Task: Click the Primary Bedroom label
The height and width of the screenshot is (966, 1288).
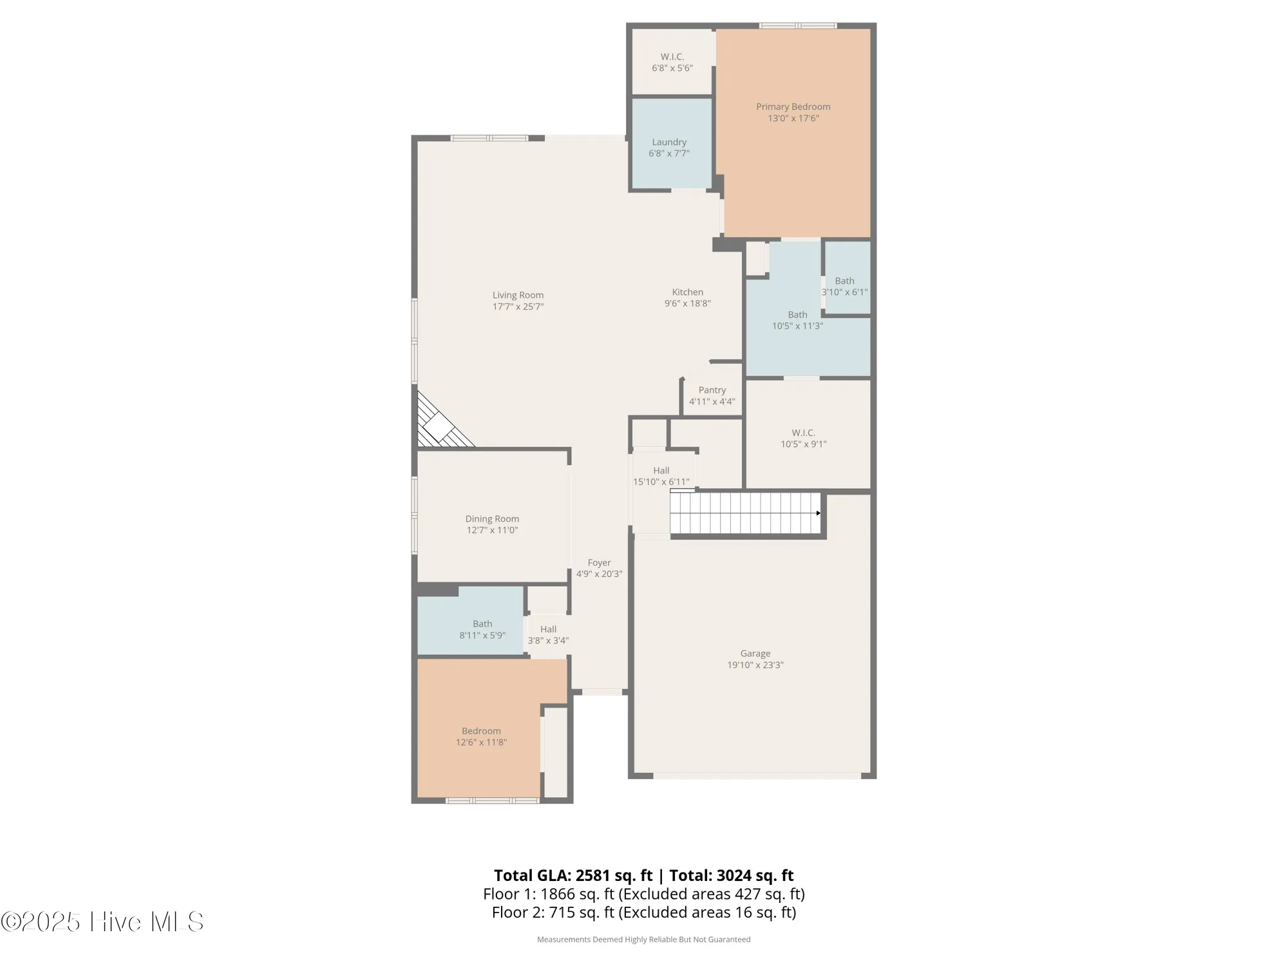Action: pyautogui.click(x=793, y=107)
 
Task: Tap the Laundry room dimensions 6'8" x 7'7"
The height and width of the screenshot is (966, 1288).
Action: pyautogui.click(x=669, y=153)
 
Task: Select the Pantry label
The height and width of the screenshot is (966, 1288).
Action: pyautogui.click(x=712, y=390)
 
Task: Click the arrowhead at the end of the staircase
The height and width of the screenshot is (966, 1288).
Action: pyautogui.click(x=818, y=513)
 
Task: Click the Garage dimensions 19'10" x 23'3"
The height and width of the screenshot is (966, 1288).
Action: pyautogui.click(x=755, y=665)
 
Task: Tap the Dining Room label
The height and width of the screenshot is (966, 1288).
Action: pyautogui.click(x=492, y=519)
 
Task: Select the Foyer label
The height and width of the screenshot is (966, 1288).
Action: pyautogui.click(x=599, y=563)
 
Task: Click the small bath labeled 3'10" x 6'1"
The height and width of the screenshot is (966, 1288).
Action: pyautogui.click(x=844, y=286)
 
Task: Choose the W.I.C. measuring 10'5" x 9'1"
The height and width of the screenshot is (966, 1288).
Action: pyautogui.click(x=803, y=438)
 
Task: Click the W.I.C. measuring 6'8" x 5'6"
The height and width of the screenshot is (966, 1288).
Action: pyautogui.click(x=672, y=62)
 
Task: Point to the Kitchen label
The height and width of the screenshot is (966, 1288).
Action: pyautogui.click(x=687, y=292)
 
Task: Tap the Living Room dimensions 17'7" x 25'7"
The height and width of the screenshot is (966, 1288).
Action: pyautogui.click(x=518, y=307)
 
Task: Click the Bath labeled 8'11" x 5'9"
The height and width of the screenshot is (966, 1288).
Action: pyautogui.click(x=482, y=629)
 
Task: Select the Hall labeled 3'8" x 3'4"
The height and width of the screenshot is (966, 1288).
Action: pyautogui.click(x=548, y=634)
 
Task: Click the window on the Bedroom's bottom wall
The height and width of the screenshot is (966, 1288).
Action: pyautogui.click(x=493, y=800)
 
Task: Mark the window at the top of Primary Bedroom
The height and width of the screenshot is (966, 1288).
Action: pyautogui.click(x=797, y=26)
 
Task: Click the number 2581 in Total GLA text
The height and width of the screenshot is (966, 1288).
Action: pyautogui.click(x=592, y=875)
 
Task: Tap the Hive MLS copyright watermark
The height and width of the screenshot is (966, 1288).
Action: pyautogui.click(x=103, y=922)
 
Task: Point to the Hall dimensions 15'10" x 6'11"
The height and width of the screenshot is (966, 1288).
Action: pyautogui.click(x=661, y=482)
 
